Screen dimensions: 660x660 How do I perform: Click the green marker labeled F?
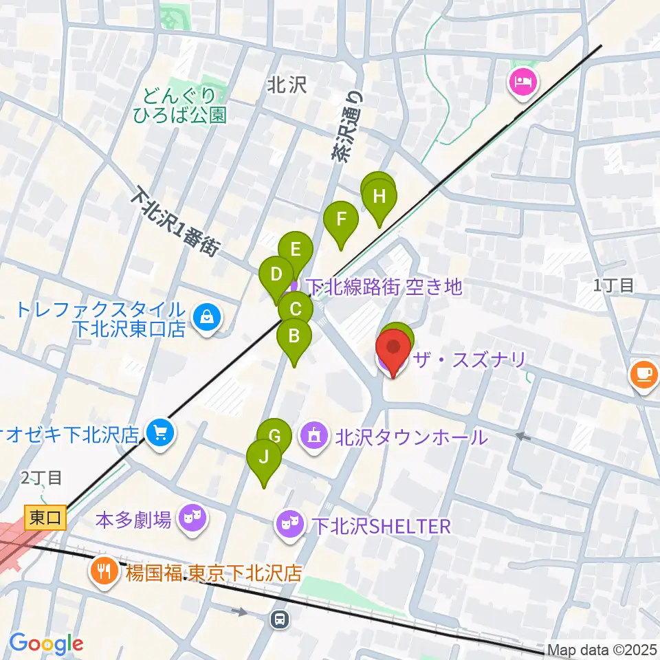tap(341, 221)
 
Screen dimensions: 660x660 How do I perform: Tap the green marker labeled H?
tap(379, 198)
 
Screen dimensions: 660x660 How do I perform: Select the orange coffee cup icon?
tap(643, 375)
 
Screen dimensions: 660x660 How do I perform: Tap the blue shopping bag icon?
tap(206, 317)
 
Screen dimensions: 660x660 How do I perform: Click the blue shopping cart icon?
tap(160, 432)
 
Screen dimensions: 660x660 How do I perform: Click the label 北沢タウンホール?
tap(410, 437)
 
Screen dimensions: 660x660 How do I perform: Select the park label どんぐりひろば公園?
tap(185, 104)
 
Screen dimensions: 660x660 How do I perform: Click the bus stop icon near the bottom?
tap(280, 619)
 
